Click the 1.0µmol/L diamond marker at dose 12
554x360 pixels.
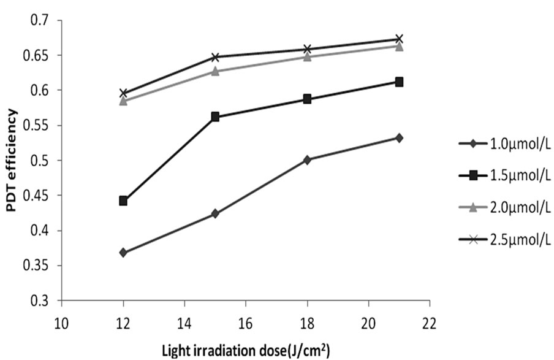click(x=123, y=253)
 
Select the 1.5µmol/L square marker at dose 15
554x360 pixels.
click(x=215, y=117)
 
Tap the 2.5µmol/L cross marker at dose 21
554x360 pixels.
click(x=399, y=39)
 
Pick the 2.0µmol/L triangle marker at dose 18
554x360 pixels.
click(x=307, y=57)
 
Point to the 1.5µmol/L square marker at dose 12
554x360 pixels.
click(x=123, y=201)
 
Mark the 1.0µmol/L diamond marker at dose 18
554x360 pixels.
click(x=307, y=160)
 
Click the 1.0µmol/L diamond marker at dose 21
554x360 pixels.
click(x=399, y=138)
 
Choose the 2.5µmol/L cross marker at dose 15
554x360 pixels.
click(x=215, y=57)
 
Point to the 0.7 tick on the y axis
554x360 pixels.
click(x=46, y=21)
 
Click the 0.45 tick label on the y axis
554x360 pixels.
click(x=41, y=196)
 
